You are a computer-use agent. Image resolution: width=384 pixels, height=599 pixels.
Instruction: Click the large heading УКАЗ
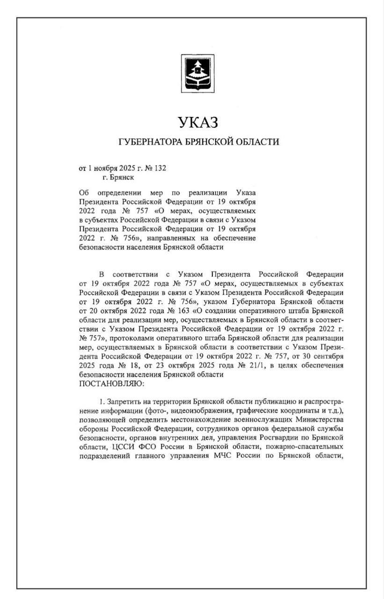click(198, 123)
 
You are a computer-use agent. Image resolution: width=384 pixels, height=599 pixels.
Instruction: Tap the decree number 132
click(160, 168)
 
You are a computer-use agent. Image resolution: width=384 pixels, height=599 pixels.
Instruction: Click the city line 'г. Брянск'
click(117, 178)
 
